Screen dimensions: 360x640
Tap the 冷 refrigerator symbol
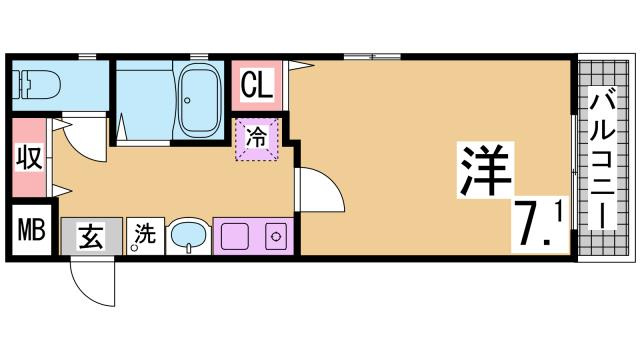256,138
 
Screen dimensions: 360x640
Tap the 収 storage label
28,158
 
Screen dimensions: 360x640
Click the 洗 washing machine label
146,235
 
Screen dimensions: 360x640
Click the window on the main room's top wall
371,56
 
